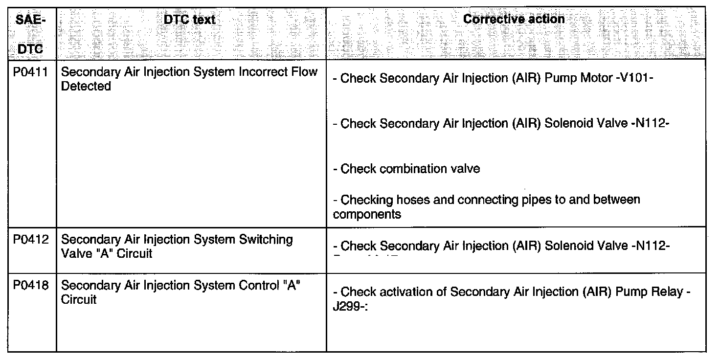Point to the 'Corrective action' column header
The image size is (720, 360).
click(514, 19)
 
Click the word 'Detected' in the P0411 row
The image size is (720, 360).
click(86, 86)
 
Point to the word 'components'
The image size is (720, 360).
click(367, 214)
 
